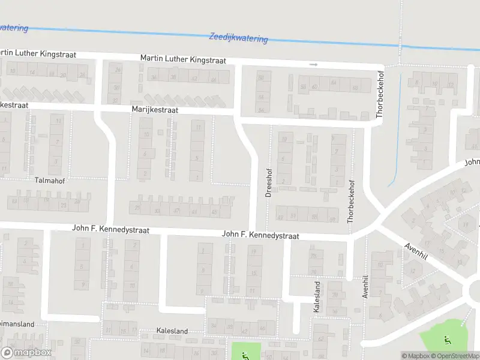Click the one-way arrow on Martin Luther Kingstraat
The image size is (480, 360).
click(x=313, y=64)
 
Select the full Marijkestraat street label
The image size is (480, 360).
click(x=155, y=110)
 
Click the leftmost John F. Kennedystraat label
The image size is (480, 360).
click(x=110, y=229)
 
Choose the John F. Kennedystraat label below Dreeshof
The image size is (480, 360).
click(x=260, y=236)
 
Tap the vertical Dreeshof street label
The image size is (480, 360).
click(x=268, y=182)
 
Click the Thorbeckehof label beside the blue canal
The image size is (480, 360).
click(x=379, y=97)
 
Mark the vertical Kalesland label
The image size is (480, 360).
click(x=317, y=296)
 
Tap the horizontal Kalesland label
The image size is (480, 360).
click(x=172, y=331)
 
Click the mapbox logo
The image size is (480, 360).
click(x=26, y=353)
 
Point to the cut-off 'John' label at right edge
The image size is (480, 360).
click(x=472, y=161)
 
